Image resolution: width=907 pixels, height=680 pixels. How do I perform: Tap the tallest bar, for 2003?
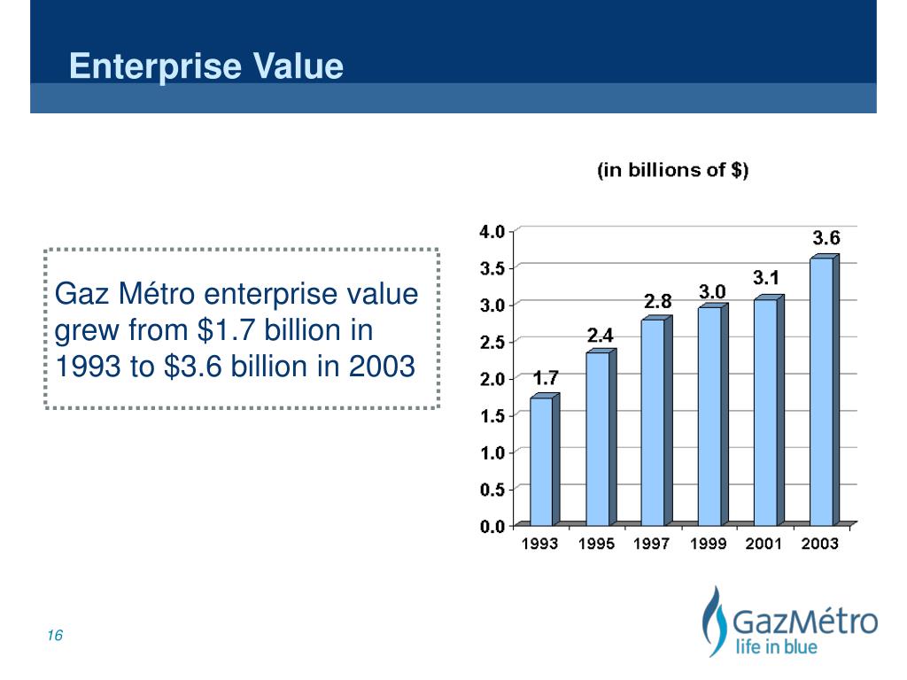(x=822, y=390)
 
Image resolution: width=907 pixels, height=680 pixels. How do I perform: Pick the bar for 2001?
(x=765, y=412)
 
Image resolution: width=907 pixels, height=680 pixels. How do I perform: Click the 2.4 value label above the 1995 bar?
(x=601, y=336)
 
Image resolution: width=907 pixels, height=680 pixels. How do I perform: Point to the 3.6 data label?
(x=827, y=237)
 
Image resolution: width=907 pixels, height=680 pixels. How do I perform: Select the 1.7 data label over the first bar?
(x=546, y=378)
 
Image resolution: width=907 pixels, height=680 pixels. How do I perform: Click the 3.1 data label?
(x=766, y=278)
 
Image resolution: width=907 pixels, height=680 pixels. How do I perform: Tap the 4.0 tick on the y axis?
(x=492, y=231)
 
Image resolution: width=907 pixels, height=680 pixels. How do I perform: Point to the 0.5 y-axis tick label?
(x=492, y=489)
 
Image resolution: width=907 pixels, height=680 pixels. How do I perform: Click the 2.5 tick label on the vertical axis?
(x=492, y=342)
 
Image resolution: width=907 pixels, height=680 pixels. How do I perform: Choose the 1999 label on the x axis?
(x=709, y=544)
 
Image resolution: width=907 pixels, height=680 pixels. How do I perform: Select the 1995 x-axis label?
(x=597, y=544)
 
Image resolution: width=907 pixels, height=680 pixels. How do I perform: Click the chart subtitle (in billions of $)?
(x=673, y=170)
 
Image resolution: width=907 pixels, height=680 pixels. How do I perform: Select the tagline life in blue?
(x=777, y=647)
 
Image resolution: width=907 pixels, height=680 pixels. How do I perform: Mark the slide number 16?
(x=56, y=637)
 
